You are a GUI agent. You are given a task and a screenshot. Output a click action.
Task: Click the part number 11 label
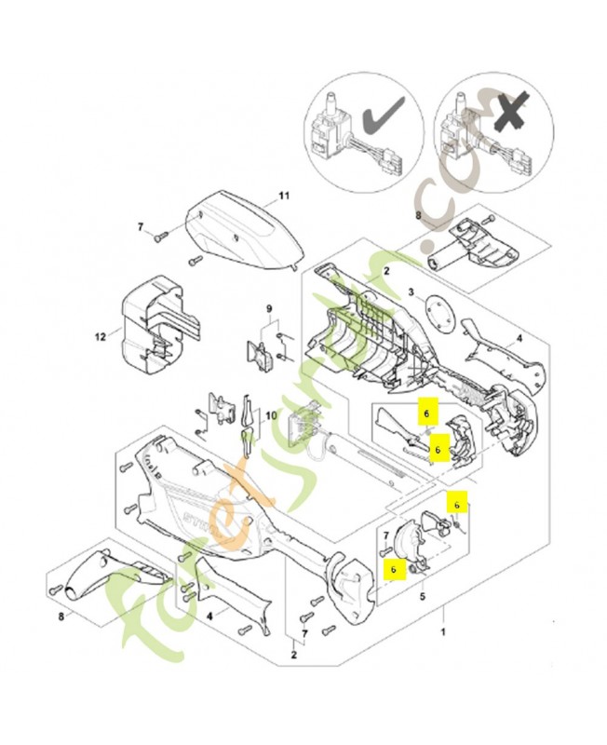(x=286, y=196)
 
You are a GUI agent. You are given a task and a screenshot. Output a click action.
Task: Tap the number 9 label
(x=268, y=310)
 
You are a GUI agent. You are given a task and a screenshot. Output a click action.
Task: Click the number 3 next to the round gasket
(x=409, y=291)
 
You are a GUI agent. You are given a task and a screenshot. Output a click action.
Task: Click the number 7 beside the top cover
(x=141, y=227)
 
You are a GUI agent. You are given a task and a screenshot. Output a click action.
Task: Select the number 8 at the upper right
(x=418, y=216)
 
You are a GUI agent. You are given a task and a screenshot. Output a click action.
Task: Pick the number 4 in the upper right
(x=544, y=339)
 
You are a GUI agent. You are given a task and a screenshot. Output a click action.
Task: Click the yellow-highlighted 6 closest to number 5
(x=394, y=565)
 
